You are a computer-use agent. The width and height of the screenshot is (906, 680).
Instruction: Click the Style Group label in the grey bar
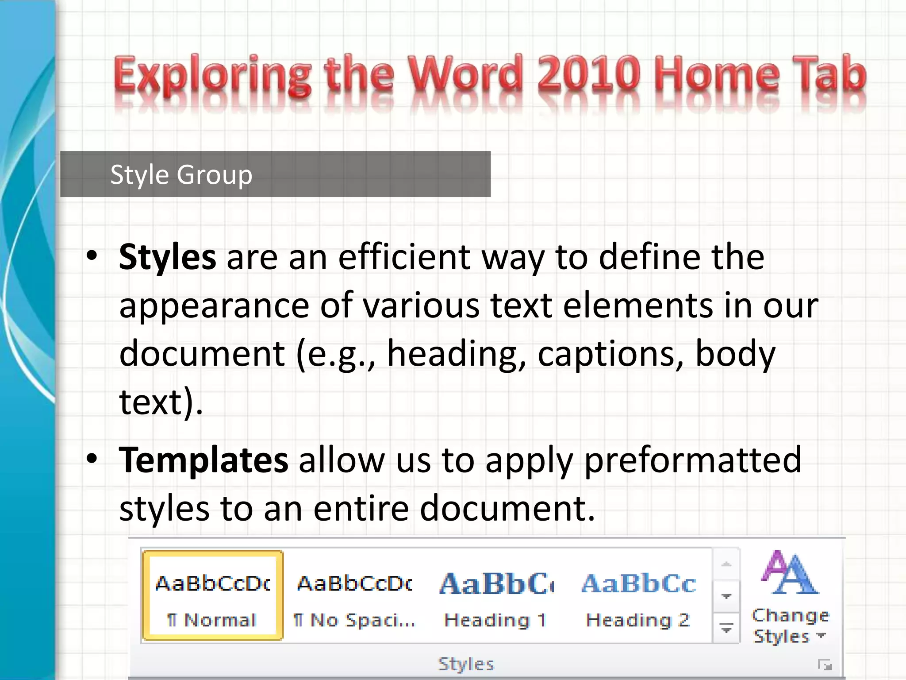(x=181, y=174)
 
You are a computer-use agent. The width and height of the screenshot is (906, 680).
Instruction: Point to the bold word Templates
(x=203, y=460)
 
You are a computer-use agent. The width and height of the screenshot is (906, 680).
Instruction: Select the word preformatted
(x=692, y=460)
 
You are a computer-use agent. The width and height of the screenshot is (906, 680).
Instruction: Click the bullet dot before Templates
(x=92, y=459)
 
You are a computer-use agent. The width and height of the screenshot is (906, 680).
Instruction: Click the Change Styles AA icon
(x=790, y=573)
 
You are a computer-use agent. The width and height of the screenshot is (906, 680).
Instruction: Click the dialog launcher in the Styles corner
(x=825, y=665)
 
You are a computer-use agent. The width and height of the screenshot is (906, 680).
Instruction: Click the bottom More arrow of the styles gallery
(x=726, y=628)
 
